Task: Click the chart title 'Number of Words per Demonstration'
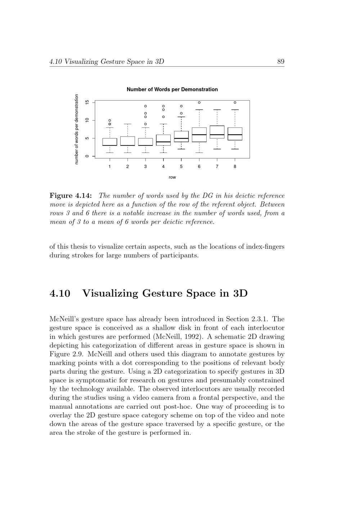coord(172,89)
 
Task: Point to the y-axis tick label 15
coord(86,102)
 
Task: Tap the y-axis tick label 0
coord(86,156)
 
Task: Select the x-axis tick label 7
coord(217,167)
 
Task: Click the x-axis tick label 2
coord(127,167)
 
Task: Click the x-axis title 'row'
coord(172,177)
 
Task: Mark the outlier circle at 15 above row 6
coord(199,103)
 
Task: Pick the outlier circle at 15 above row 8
coord(235,103)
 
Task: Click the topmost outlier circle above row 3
coord(145,106)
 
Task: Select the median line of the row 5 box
coord(181,138)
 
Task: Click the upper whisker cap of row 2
coord(127,124)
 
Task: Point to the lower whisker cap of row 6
coord(199,153)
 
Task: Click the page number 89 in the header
coord(281,62)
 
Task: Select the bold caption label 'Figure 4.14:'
coord(71,196)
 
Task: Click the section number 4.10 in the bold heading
coord(59,293)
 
